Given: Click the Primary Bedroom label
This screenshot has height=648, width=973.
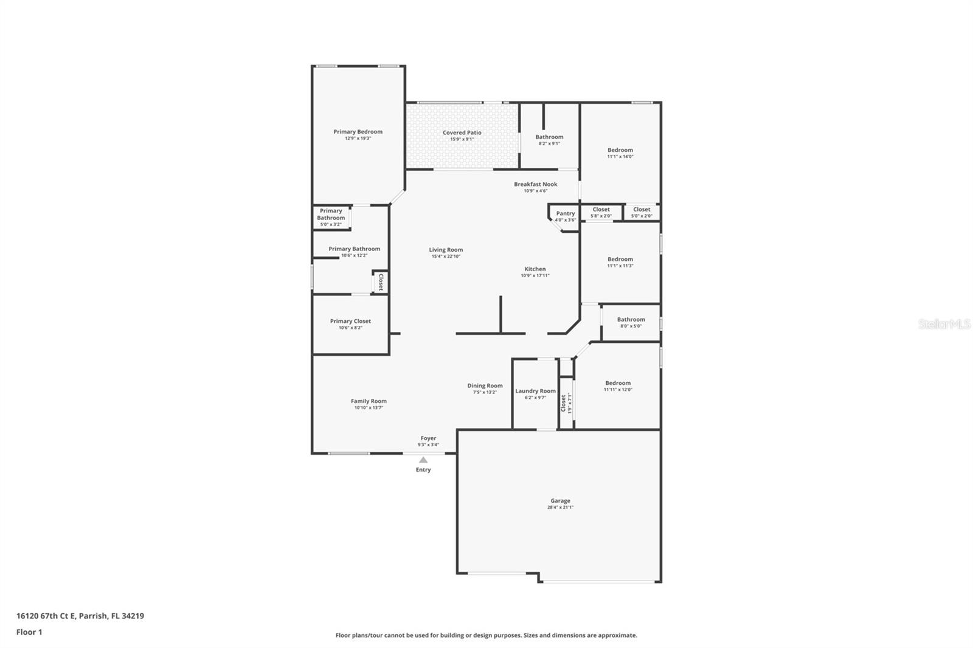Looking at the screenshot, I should click(358, 132).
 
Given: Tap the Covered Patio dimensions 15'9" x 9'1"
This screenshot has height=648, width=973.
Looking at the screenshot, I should click(462, 139).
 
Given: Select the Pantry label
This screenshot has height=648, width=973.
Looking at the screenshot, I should click(565, 213).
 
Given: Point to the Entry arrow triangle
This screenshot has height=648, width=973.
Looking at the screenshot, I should click(423, 460).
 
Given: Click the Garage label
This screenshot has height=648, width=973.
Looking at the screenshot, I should click(560, 501).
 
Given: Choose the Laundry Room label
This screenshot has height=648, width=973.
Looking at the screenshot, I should click(535, 391).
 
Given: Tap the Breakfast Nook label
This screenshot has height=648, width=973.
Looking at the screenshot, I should click(535, 184).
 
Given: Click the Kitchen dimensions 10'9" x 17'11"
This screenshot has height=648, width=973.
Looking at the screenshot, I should click(535, 276).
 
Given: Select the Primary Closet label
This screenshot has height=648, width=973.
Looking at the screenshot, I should click(350, 321).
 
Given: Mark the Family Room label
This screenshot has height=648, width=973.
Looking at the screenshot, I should click(369, 401).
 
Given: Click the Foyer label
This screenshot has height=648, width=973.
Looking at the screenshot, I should click(428, 438).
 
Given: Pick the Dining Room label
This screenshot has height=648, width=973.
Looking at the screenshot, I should click(485, 385).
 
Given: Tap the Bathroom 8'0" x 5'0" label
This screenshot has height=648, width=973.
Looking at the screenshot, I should click(631, 320).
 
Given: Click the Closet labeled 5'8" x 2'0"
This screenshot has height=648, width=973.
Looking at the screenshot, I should click(601, 210).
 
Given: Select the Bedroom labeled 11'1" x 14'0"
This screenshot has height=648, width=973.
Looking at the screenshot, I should click(620, 150).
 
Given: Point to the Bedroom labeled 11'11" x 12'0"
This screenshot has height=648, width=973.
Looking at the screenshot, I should click(618, 383).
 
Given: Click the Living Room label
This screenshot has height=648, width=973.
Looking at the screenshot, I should click(446, 250).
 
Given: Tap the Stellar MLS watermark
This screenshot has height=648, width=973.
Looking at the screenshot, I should click(944, 325).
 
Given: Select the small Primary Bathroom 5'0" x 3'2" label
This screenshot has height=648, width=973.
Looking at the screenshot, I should click(331, 215).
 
